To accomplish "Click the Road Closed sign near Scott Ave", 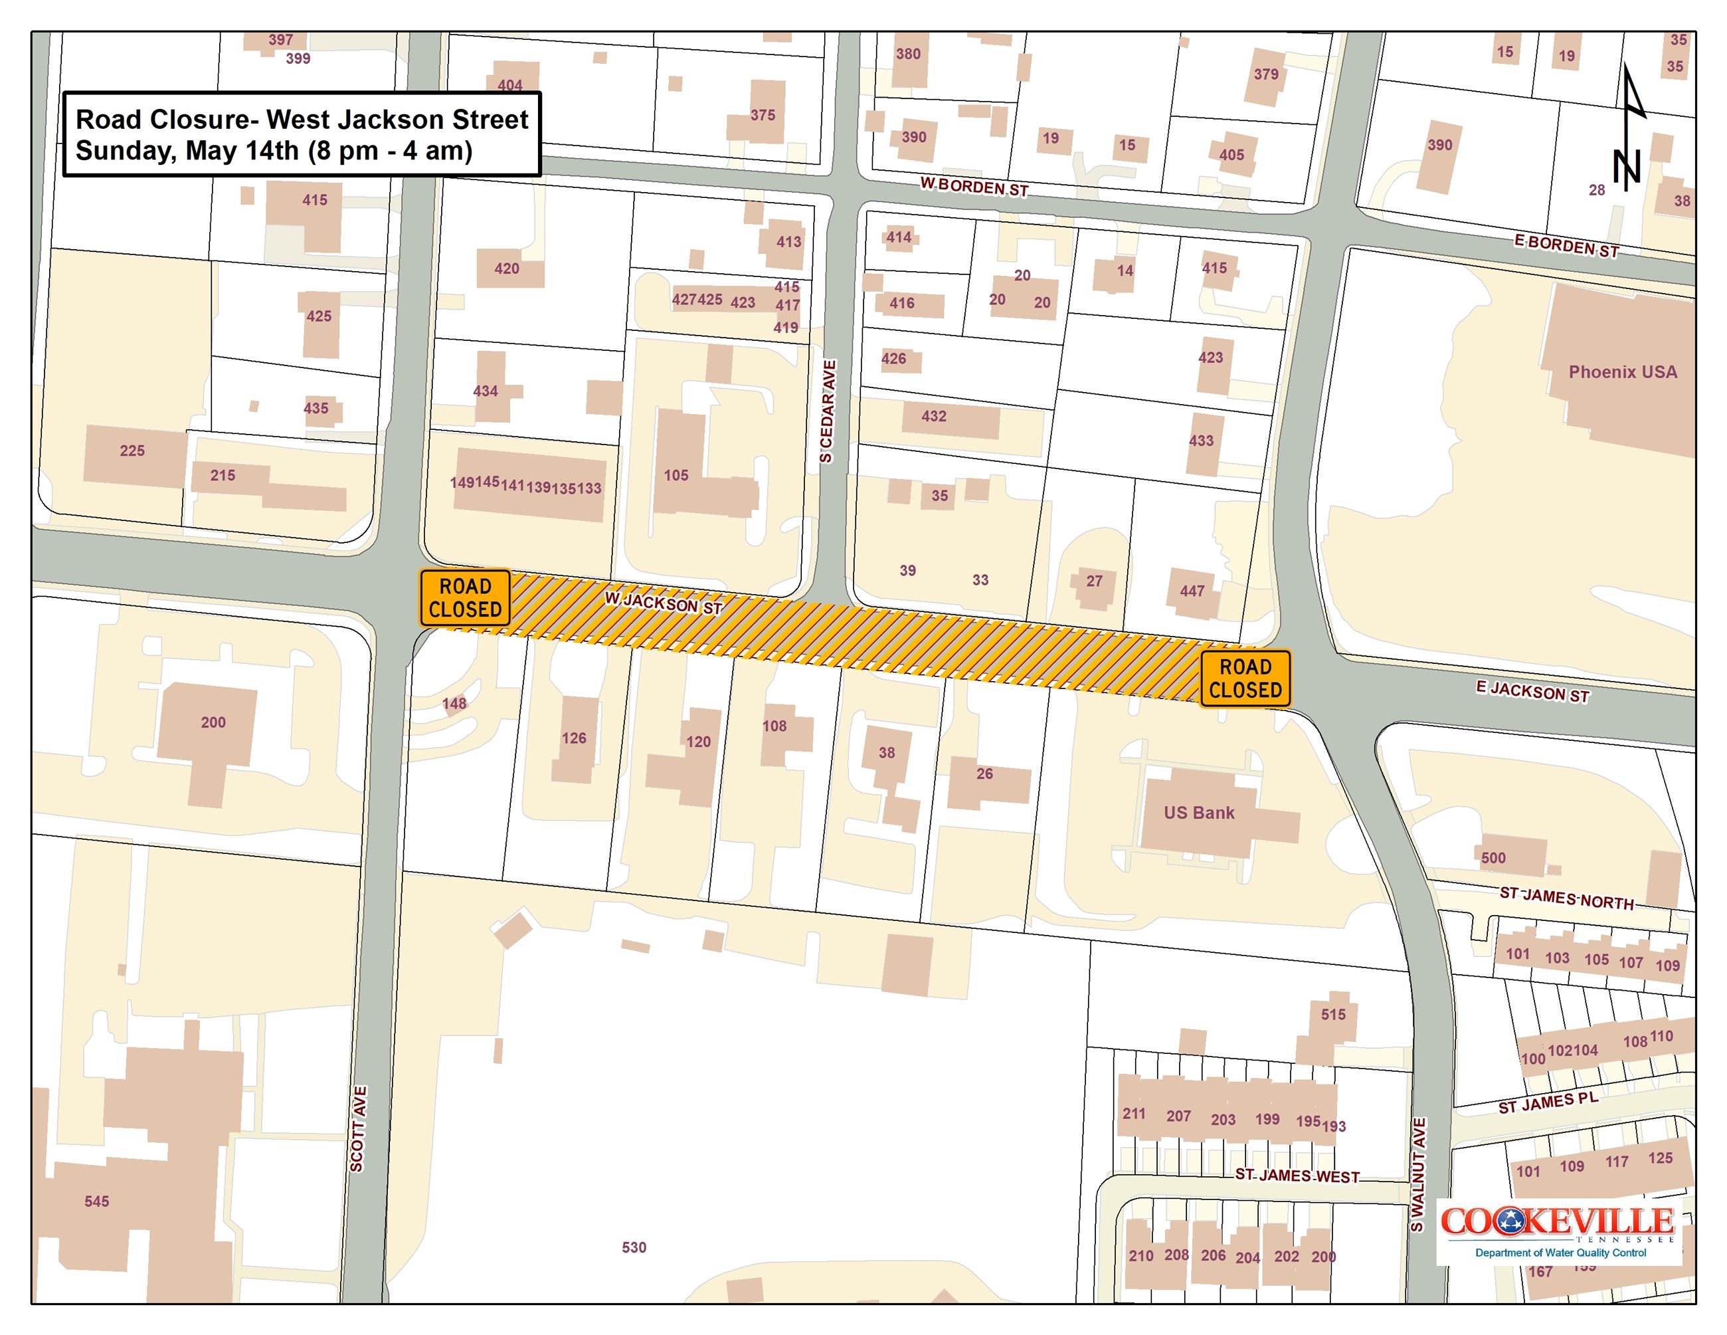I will point(465,598).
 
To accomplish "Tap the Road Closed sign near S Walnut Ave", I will point(1245,678).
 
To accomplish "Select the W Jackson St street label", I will point(664,603).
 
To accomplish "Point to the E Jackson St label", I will point(1532,692).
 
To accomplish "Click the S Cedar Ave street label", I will point(827,411).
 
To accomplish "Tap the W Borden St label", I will point(973,187).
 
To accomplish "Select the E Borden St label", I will point(1566,246).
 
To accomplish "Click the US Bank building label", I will point(1199,812).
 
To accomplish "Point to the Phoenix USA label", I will point(1623,371).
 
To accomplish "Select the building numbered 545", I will point(97,1201).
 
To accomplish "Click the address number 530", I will point(634,1247).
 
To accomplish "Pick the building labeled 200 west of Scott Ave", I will point(213,722).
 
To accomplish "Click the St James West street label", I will point(1297,1176).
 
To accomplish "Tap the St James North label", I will point(1566,898).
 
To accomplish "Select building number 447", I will point(1192,591).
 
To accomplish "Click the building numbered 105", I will point(676,475).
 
